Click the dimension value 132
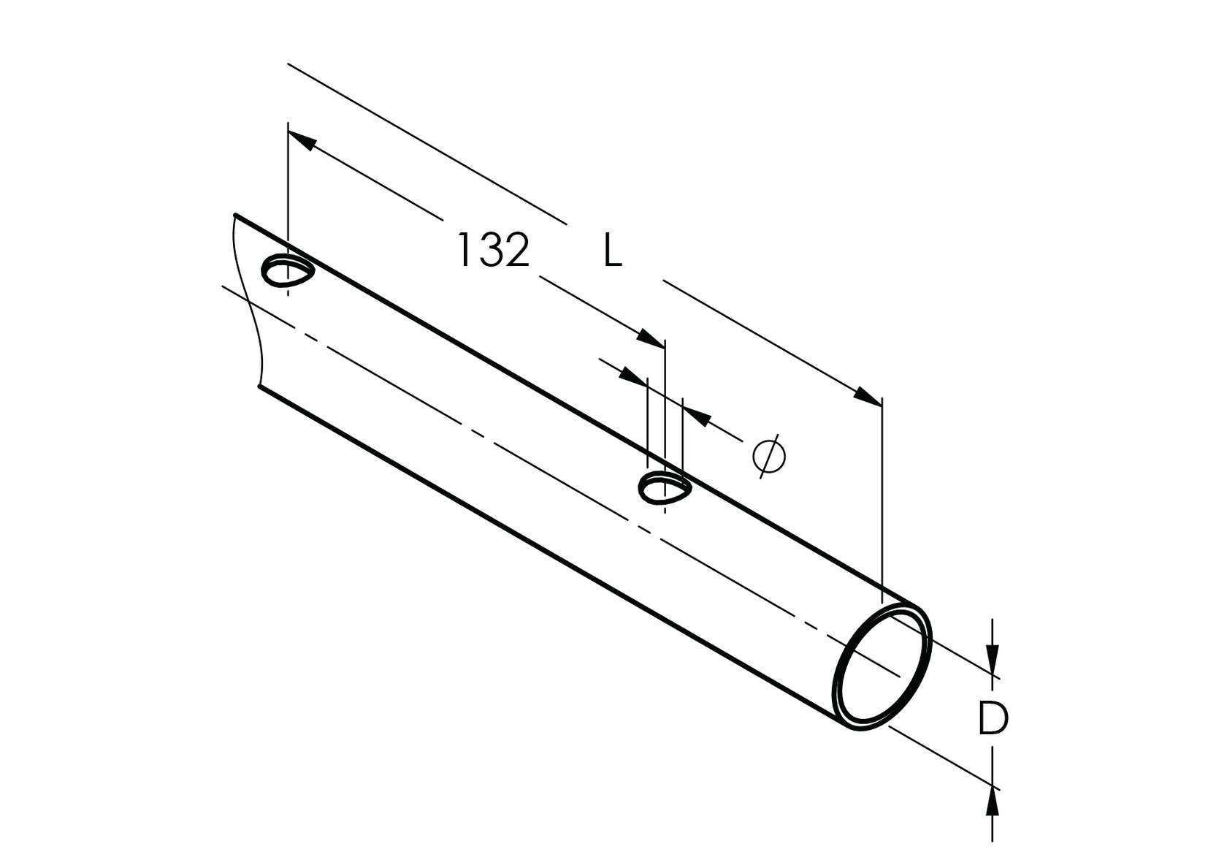tap(493, 251)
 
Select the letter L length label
tap(612, 251)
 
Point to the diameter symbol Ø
tap(769, 455)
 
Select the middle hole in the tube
tap(663, 488)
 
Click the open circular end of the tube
tap(882, 667)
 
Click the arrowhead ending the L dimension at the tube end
tap(869, 397)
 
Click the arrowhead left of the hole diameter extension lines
tap(633, 376)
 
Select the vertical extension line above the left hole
tap(288, 190)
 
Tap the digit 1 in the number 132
tap(463, 251)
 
